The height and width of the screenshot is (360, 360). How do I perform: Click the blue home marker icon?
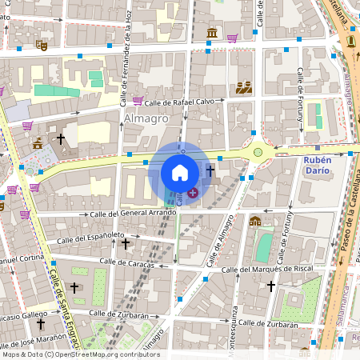click(x=180, y=173)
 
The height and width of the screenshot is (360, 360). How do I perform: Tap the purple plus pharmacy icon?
click(x=194, y=193)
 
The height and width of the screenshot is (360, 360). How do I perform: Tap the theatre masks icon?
click(x=42, y=46)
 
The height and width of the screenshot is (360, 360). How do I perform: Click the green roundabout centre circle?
click(x=258, y=151)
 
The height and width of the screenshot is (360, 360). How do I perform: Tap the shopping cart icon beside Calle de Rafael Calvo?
click(x=138, y=101)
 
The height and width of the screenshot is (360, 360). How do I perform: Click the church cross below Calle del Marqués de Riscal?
click(x=271, y=286)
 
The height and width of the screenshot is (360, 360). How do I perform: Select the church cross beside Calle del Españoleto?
click(x=125, y=242)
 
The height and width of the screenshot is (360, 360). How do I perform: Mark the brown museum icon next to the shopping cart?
click(x=211, y=34)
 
